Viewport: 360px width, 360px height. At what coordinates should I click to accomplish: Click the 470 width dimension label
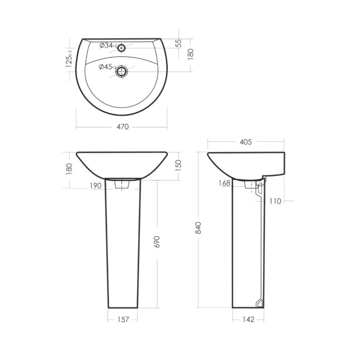[x=123, y=127]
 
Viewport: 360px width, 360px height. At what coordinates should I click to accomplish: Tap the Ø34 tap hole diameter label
[x=108, y=45]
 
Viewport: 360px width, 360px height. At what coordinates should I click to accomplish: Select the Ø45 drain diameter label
[x=107, y=67]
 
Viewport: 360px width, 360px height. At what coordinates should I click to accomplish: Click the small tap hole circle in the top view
[x=121, y=48]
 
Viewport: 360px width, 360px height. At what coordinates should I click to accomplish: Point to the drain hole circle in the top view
[x=121, y=71]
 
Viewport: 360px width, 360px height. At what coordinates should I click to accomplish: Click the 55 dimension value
[x=179, y=44]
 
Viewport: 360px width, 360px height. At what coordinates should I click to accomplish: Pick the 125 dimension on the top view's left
[x=69, y=59]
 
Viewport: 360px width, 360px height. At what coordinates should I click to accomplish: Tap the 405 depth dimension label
[x=246, y=142]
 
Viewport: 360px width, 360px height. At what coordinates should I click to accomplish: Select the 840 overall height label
[x=198, y=228]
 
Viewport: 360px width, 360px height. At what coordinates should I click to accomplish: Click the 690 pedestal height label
[x=157, y=242]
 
